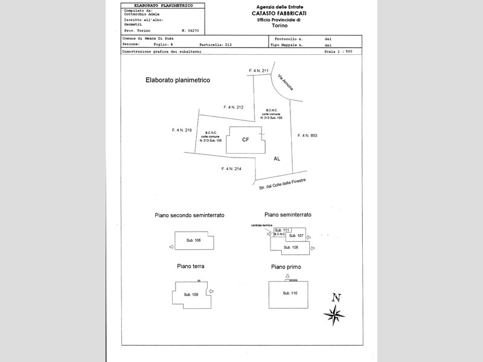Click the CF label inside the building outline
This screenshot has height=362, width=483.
245,139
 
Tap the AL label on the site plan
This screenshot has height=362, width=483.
277,159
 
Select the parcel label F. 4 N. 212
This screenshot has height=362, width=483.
233,107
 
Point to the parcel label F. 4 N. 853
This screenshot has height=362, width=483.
307,136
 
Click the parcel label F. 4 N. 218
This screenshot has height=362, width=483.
182,130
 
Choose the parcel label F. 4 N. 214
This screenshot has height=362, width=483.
231,168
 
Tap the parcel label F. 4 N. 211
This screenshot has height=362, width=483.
258,71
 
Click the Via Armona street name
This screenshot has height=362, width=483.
286,83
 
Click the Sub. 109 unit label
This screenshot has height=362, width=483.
191,294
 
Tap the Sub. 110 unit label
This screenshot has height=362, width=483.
290,293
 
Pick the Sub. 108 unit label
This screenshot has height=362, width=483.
291,247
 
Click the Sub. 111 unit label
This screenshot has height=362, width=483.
282,230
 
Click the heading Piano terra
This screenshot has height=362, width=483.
190,266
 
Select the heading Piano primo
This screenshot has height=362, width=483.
286,267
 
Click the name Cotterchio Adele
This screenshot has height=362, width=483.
142,14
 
